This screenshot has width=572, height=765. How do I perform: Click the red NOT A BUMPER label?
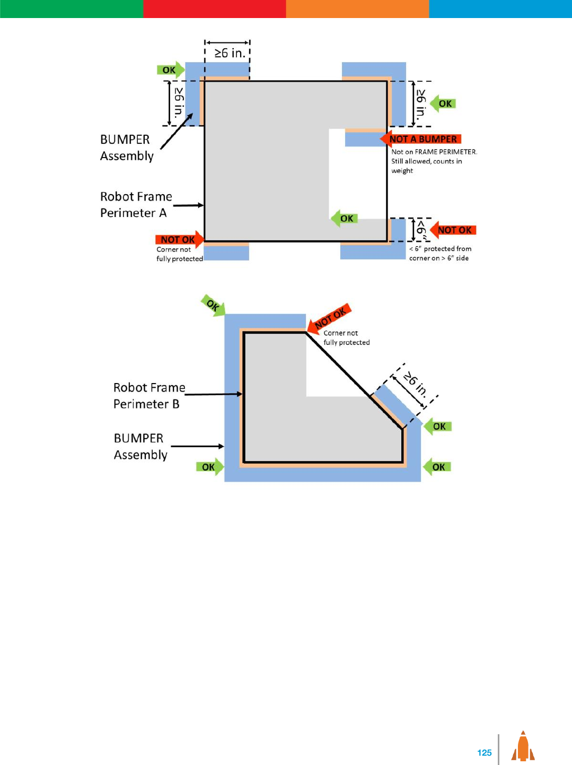click(x=422, y=139)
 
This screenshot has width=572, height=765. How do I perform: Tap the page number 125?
click(x=484, y=752)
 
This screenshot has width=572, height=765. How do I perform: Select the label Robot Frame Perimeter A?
click(x=136, y=205)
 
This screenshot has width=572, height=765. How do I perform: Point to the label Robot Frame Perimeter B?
click(x=149, y=396)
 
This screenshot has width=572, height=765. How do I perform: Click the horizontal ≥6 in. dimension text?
click(x=230, y=53)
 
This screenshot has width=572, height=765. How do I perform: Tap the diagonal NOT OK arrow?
click(x=330, y=318)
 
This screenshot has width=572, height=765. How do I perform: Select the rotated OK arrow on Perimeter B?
click(x=213, y=306)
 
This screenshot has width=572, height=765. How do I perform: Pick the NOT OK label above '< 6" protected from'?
click(x=454, y=230)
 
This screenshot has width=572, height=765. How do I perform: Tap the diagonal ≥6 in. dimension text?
click(x=415, y=384)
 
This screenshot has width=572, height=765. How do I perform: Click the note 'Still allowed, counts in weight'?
click(x=426, y=166)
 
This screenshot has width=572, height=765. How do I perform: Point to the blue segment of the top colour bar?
click(x=500, y=8)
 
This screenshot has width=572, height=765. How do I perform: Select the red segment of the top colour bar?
click(x=214, y=8)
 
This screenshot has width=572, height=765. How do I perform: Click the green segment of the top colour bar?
click(x=71, y=8)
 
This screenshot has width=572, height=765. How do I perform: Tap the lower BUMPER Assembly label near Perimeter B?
click(x=140, y=446)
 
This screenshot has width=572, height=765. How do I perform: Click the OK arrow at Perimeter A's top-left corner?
click(x=170, y=70)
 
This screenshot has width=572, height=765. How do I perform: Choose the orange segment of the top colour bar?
click(x=357, y=8)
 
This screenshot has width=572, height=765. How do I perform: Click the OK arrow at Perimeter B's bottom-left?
click(x=209, y=467)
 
